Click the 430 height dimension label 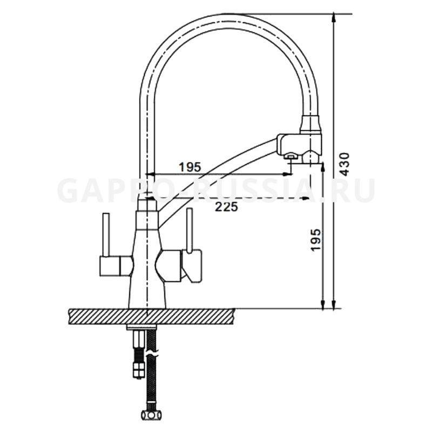345,164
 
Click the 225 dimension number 226,207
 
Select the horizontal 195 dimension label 191,167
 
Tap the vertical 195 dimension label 316,239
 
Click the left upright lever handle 106,234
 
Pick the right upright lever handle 189,231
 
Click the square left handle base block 110,266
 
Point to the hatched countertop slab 151,316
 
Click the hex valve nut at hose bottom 151,414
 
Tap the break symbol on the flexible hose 151,353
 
